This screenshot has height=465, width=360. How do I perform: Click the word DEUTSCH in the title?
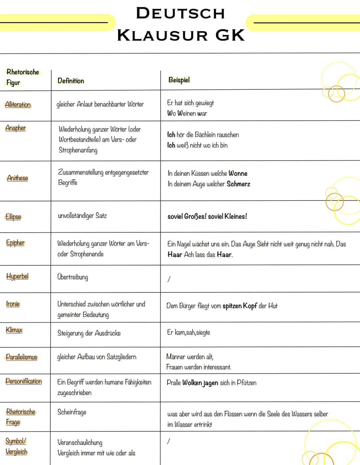click(x=180, y=14)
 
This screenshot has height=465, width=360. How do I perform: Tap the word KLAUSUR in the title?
click(x=162, y=35)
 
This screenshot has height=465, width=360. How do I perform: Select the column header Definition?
click(x=71, y=81)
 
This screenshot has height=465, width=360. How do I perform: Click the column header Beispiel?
click(x=179, y=80)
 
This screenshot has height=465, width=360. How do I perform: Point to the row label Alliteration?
click(x=18, y=105)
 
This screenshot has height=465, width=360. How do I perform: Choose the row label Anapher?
click(x=16, y=128)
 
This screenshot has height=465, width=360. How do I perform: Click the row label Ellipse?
click(x=13, y=217)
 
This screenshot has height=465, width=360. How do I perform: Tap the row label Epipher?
click(x=15, y=243)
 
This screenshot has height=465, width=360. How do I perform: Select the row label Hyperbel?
click(x=17, y=276)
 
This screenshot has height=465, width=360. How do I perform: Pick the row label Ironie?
click(x=13, y=304)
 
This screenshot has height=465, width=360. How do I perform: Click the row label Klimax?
click(x=14, y=330)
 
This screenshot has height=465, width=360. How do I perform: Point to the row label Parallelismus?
click(x=22, y=357)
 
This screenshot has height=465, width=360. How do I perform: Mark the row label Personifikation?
click(x=24, y=381)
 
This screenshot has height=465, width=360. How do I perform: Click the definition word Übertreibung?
click(x=73, y=277)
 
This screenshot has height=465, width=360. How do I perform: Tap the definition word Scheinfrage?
click(x=72, y=412)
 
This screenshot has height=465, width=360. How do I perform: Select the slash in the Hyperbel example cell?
click(x=169, y=279)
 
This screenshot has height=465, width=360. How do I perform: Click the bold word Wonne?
click(x=238, y=173)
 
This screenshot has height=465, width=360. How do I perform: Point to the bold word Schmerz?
click(x=238, y=184)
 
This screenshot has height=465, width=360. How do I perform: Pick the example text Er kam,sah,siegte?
click(x=189, y=333)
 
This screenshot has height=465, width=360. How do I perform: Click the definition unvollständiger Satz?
click(x=82, y=216)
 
